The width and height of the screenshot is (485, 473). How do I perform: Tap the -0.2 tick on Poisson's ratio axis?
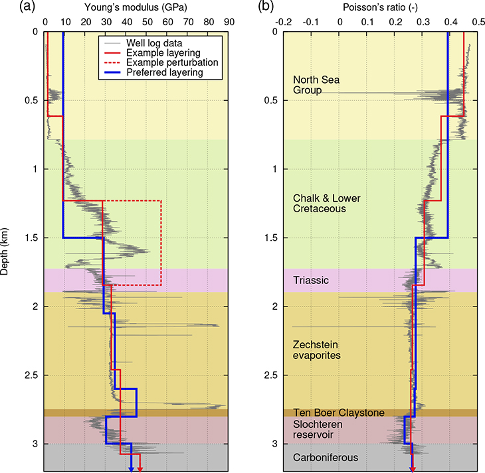(x=284, y=21)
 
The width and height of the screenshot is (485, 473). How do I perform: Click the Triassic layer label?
(x=311, y=281)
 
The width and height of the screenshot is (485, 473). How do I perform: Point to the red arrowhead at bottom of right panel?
(x=413, y=468)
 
